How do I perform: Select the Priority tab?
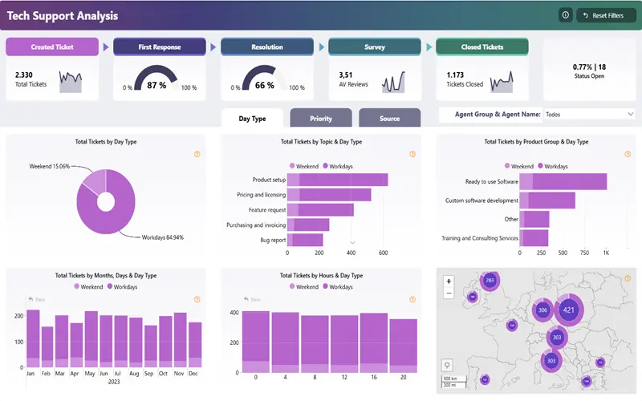pyautogui.click(x=320, y=119)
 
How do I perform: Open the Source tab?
pyautogui.click(x=389, y=119)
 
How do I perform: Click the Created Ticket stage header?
pyautogui.click(x=52, y=47)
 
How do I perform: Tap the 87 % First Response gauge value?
pyautogui.click(x=156, y=84)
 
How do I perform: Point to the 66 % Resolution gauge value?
pyautogui.click(x=265, y=84)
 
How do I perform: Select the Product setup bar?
pyautogui.click(x=337, y=180)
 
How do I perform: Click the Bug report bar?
pyautogui.click(x=305, y=240)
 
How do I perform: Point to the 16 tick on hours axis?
pyautogui.click(x=373, y=377)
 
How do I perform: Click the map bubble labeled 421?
pyautogui.click(x=569, y=310)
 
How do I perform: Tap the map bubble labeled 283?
pyautogui.click(x=490, y=281)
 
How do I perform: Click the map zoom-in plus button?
pyautogui.click(x=449, y=282)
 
